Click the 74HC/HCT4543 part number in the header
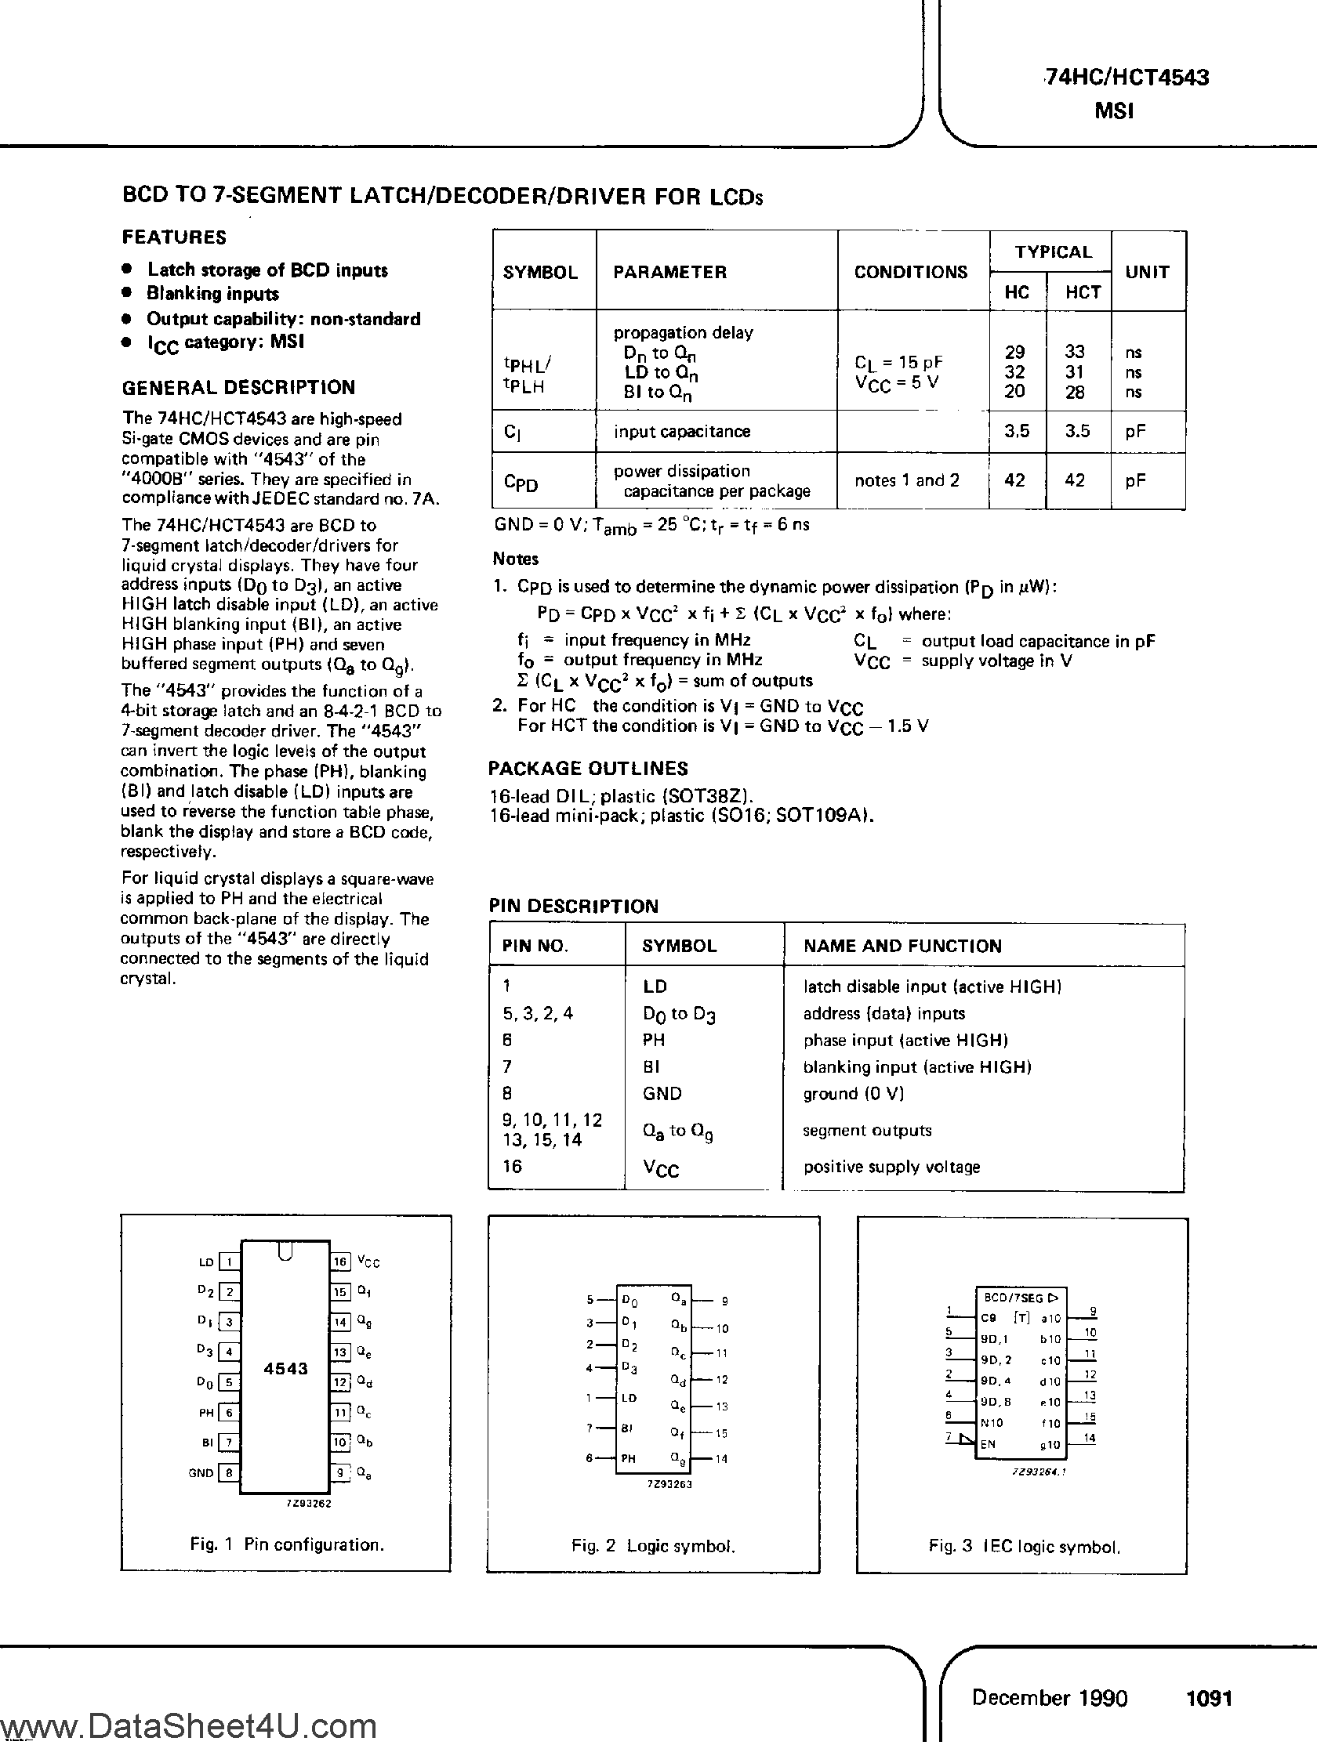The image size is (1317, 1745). point(1125,78)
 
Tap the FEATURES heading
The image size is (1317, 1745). point(173,237)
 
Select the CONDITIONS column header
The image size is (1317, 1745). point(911,272)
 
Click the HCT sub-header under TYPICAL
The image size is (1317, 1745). point(1083,293)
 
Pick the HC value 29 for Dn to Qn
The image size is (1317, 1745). point(1014,352)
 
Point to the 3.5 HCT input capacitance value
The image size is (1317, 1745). point(1076,432)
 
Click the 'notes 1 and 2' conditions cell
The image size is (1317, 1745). point(907,480)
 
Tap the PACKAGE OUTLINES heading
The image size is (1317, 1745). point(588,769)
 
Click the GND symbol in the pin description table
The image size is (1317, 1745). point(662,1093)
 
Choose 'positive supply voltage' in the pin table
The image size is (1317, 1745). point(891,1167)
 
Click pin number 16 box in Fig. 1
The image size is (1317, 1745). point(339,1262)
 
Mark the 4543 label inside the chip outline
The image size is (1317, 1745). point(285,1369)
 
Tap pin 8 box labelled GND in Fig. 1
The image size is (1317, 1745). point(229,1472)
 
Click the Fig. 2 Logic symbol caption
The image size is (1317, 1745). point(652,1546)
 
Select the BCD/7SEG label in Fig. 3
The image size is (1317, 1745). point(1013,1298)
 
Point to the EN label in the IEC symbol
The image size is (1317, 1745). point(988,1444)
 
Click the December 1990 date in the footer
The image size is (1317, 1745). point(1050,1698)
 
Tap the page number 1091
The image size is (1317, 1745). point(1209,1698)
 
